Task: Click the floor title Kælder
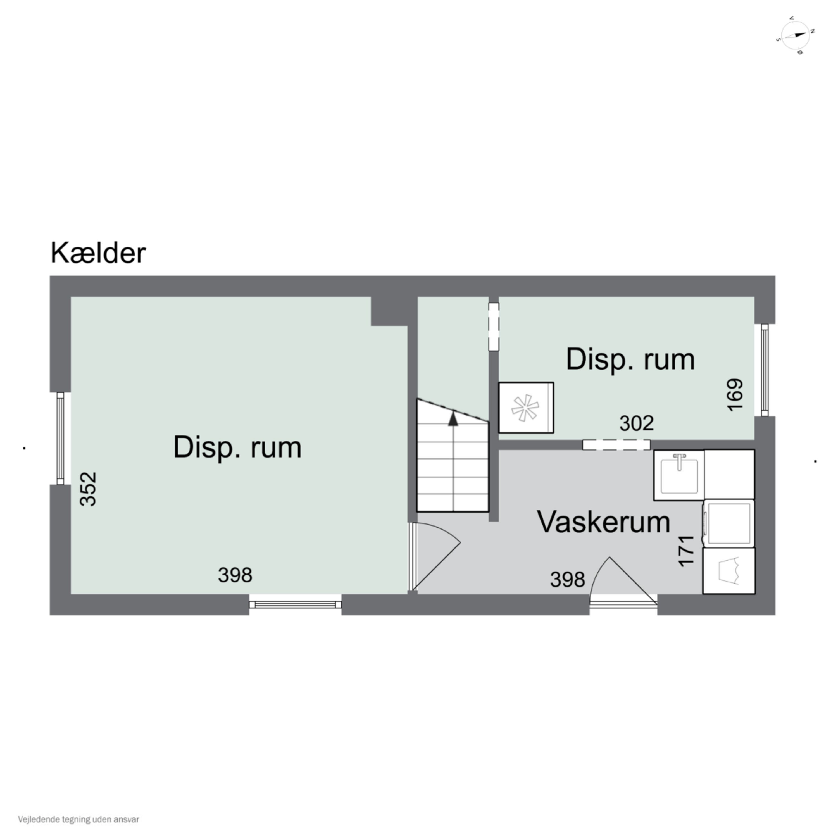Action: coord(98,253)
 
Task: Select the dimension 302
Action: coord(636,423)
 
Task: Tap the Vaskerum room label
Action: coord(603,522)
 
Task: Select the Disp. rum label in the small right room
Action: coord(630,359)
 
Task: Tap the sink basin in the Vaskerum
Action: coord(679,475)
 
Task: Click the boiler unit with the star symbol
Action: coord(526,408)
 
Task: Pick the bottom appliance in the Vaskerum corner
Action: coord(729,571)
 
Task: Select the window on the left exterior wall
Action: coord(60,438)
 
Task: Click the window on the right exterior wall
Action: coord(765,370)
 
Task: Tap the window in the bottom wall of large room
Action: coord(295,605)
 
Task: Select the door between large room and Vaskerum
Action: coord(434,557)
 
